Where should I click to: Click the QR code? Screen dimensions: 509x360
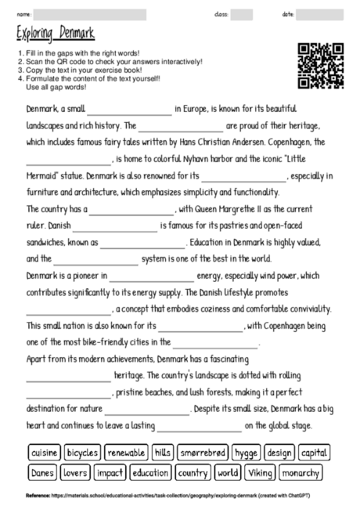click(x=321, y=65)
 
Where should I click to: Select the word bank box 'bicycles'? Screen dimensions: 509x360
click(x=83, y=453)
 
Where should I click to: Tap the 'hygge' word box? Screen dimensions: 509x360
click(x=246, y=453)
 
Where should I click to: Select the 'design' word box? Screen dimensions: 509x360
click(x=279, y=453)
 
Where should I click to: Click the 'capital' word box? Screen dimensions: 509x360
click(x=314, y=453)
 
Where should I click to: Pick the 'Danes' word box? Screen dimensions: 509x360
click(x=42, y=472)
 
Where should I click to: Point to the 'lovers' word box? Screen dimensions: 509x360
click(x=75, y=472)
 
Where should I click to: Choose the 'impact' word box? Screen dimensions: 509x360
click(x=110, y=472)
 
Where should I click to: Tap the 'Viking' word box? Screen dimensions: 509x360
click(x=259, y=472)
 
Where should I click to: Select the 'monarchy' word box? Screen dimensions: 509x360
click(x=300, y=472)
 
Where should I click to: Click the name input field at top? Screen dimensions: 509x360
click(x=89, y=13)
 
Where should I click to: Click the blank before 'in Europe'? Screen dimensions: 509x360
click(x=129, y=113)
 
